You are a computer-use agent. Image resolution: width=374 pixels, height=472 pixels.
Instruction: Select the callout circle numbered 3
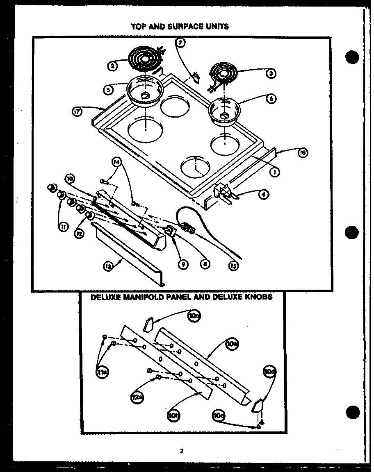(x=271, y=74)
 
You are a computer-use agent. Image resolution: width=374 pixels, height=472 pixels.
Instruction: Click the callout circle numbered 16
(x=303, y=153)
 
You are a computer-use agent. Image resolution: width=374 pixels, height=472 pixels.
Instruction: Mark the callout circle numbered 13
(x=108, y=267)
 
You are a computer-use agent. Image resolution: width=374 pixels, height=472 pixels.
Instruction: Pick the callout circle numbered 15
(x=233, y=265)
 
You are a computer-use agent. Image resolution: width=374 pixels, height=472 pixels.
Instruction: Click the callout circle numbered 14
(x=116, y=163)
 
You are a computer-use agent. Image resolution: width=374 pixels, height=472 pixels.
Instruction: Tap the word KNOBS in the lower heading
(x=258, y=297)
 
